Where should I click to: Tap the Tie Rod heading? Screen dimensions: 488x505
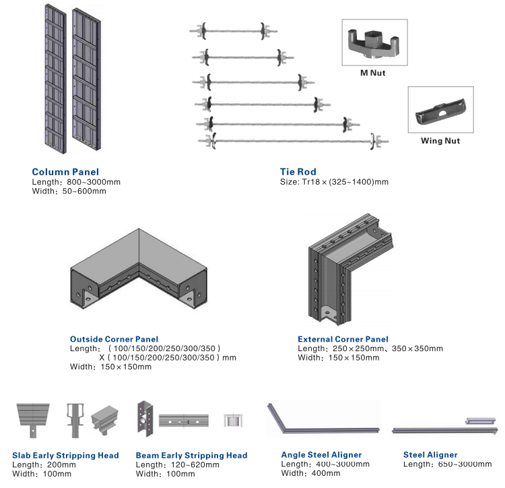pyautogui.click(x=298, y=172)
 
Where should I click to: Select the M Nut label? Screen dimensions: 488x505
pyautogui.click(x=372, y=73)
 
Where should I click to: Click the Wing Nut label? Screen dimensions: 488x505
pyautogui.click(x=440, y=141)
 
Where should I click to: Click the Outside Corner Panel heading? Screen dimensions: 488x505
pyautogui.click(x=114, y=339)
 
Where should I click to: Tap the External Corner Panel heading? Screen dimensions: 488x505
pyautogui.click(x=343, y=339)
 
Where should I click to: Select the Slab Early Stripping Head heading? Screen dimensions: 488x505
pyautogui.click(x=65, y=456)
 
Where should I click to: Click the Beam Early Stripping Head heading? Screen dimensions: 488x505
pyautogui.click(x=191, y=456)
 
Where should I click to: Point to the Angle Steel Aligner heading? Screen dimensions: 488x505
pyautogui.click(x=321, y=455)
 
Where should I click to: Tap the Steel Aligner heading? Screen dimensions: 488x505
pyautogui.click(x=430, y=455)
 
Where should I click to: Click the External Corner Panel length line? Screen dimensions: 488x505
pyautogui.click(x=370, y=348)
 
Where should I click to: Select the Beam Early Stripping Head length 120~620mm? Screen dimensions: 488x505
pyautogui.click(x=177, y=465)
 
